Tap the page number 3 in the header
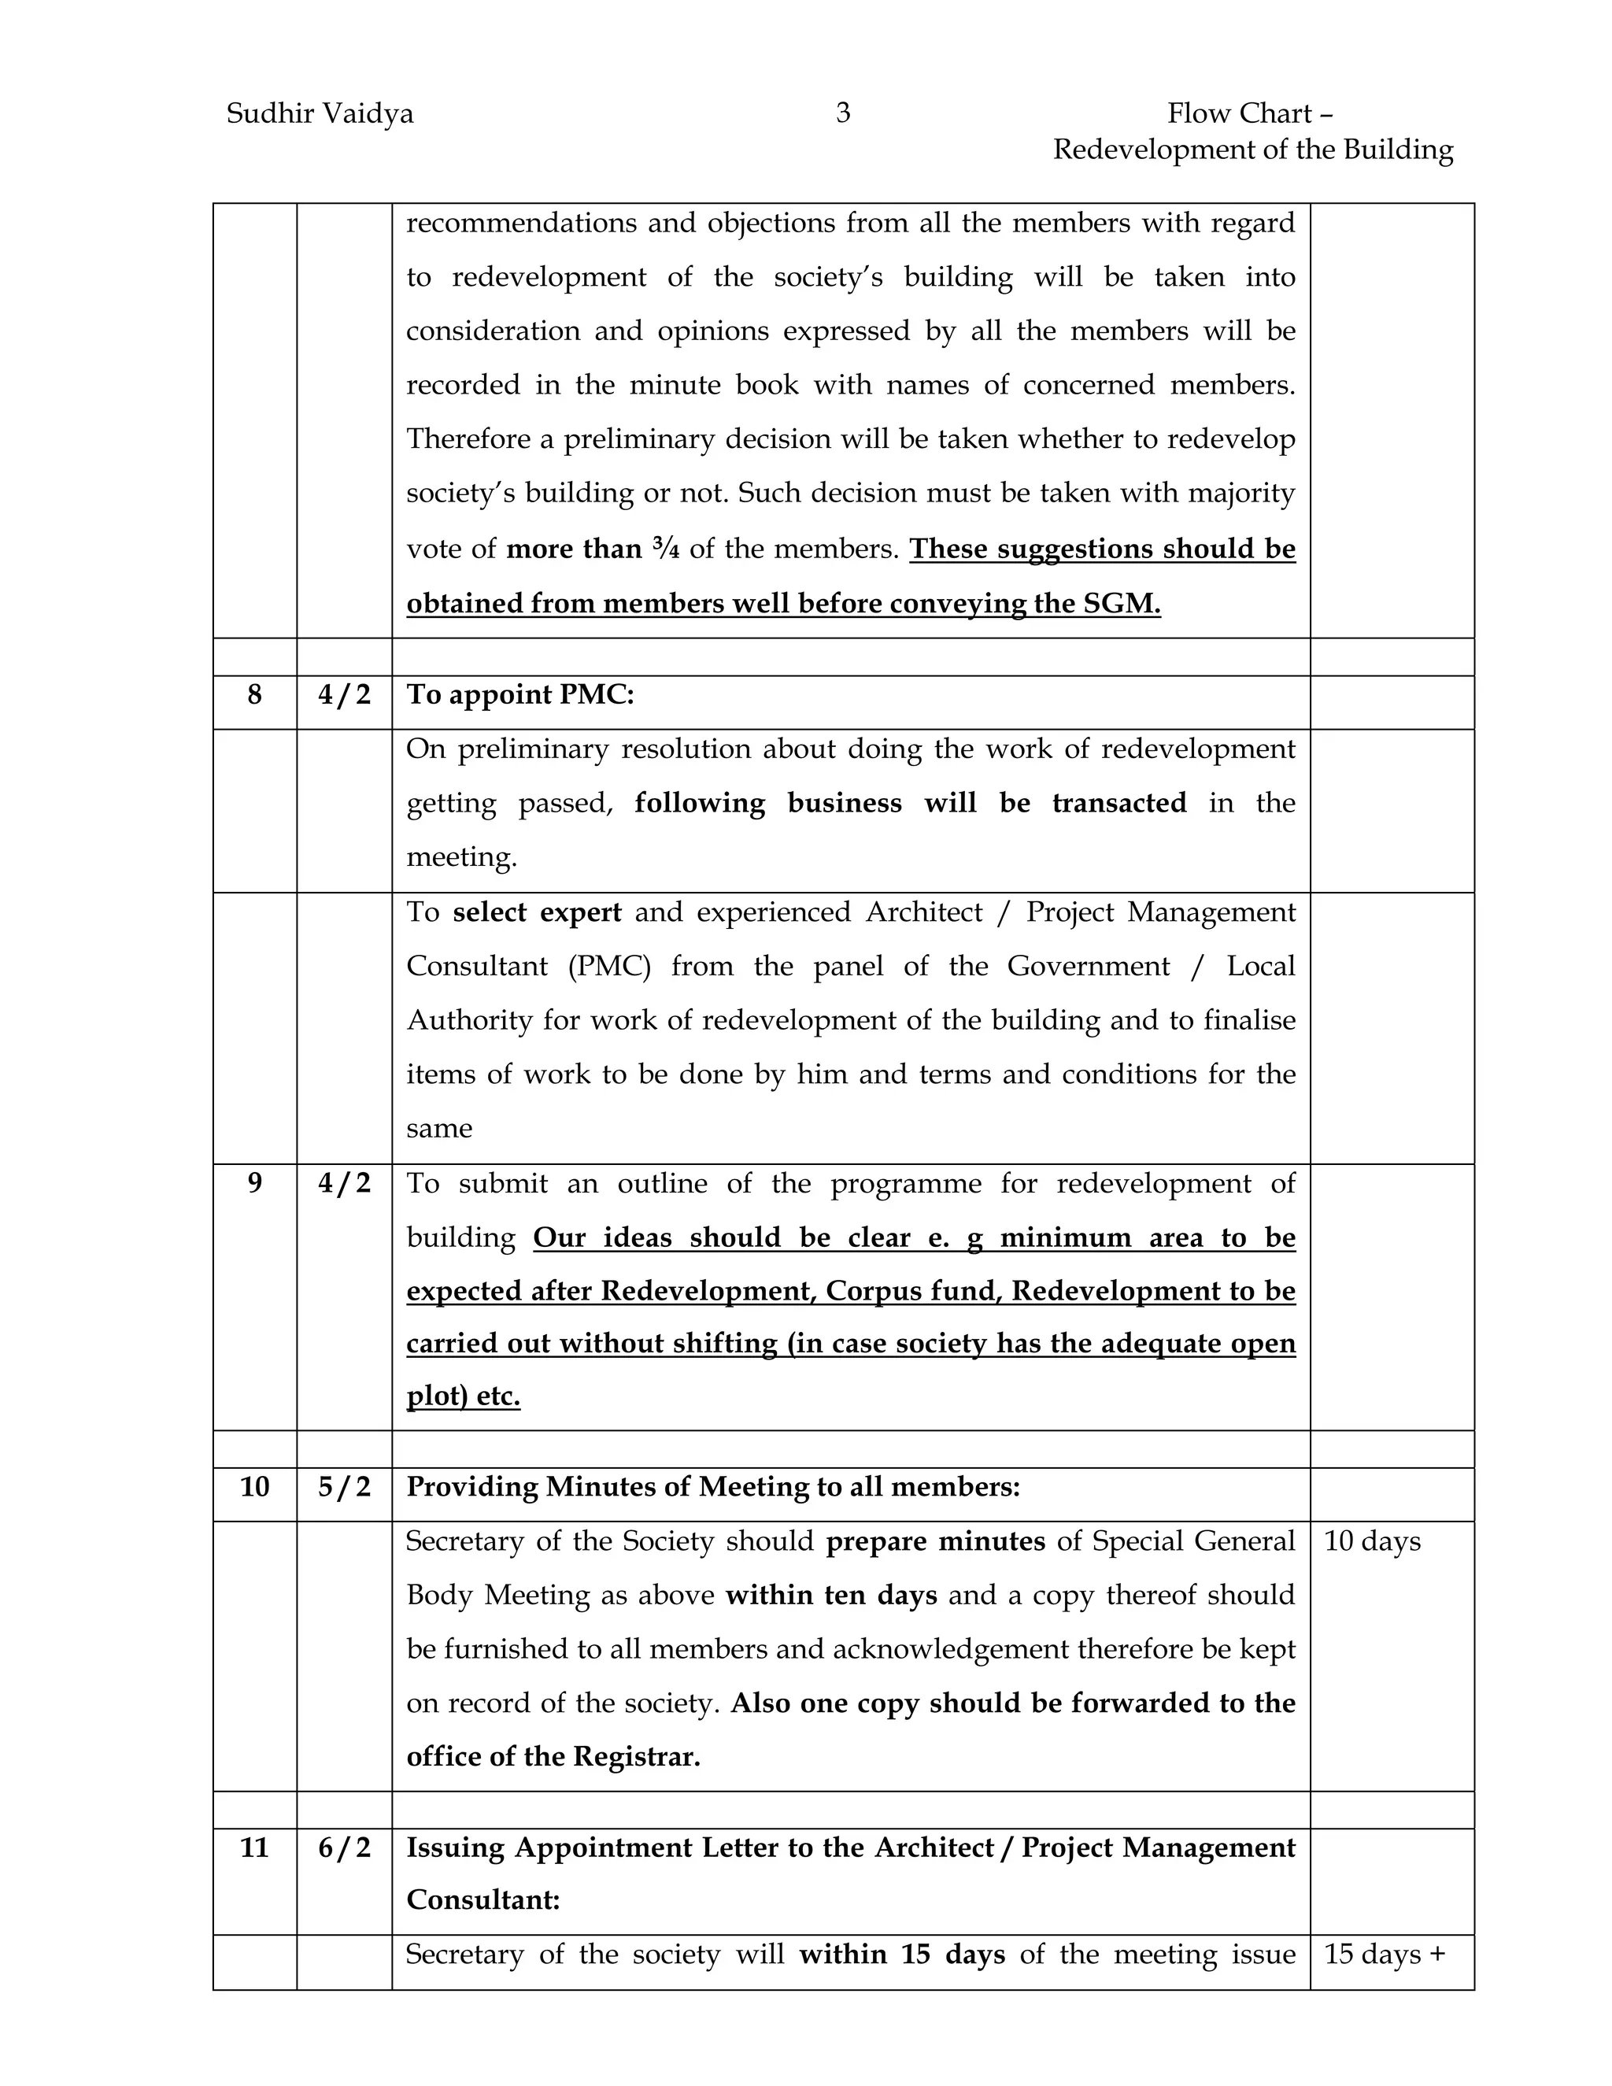pos(842,113)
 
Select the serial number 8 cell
pos(254,694)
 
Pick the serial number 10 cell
pos(254,1487)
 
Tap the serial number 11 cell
pos(254,1847)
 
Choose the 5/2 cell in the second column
pos(344,1487)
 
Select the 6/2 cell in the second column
pos(344,1847)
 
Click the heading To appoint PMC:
pos(520,694)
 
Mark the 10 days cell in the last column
pos(1371,1541)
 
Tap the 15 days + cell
pos(1384,1955)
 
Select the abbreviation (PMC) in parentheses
pos(609,967)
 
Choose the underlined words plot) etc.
pos(463,1396)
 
